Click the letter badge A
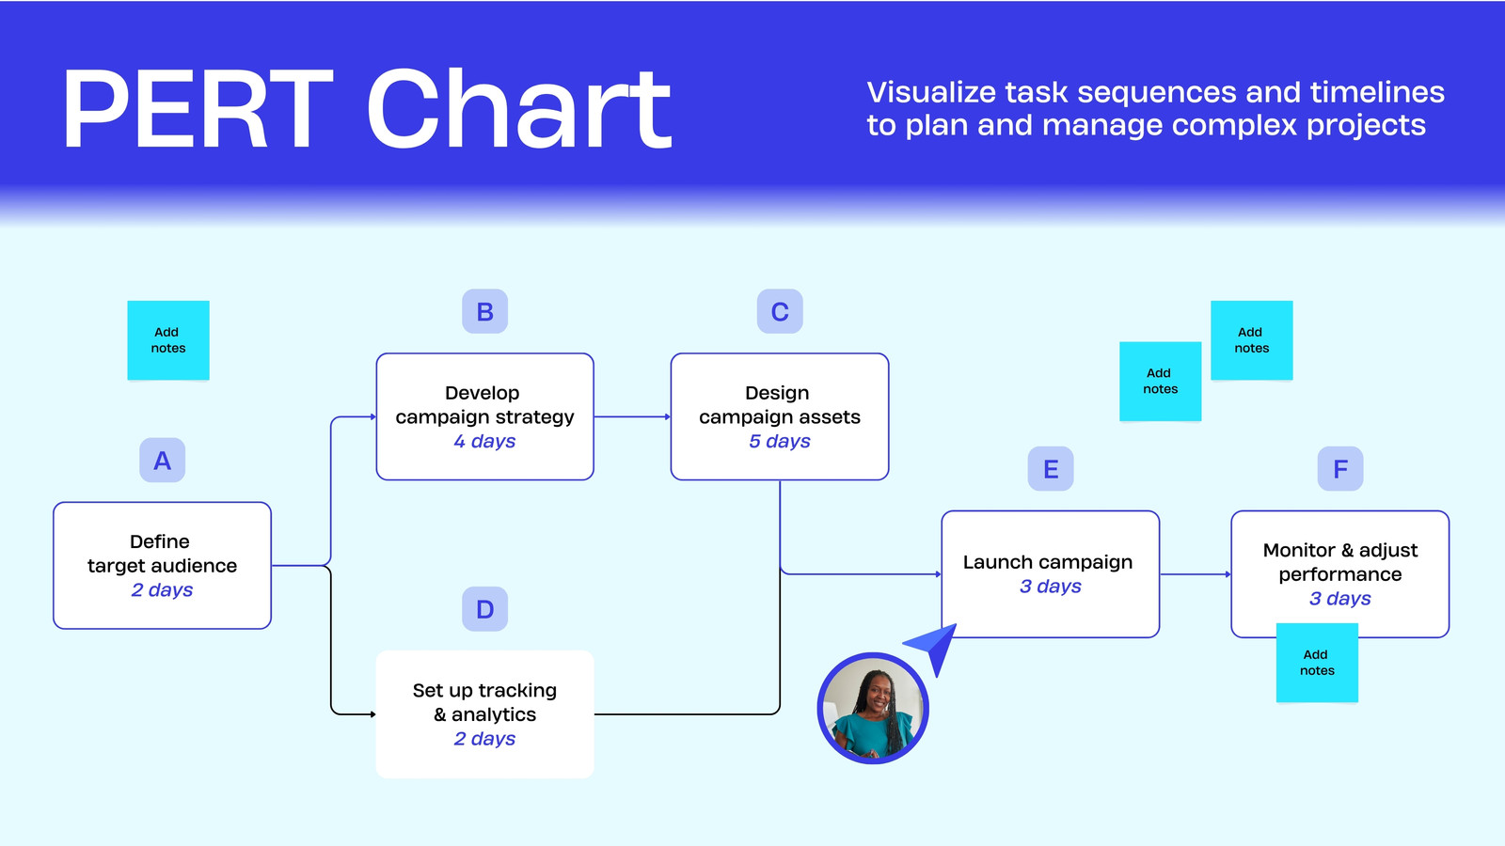(162, 460)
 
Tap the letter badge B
(484, 311)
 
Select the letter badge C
(780, 311)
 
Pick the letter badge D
(484, 609)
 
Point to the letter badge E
(1050, 469)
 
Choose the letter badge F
(1339, 469)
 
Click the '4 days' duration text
(484, 441)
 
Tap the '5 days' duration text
(780, 441)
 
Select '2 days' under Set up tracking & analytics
(484, 739)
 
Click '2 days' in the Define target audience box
(162, 589)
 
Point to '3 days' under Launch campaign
(1050, 587)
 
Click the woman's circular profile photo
(873, 709)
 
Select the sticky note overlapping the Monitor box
(1317, 663)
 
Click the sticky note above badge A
(168, 340)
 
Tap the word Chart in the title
(519, 108)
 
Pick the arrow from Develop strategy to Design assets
(632, 417)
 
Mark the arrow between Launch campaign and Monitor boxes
(1196, 574)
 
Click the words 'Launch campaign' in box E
(1048, 562)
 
